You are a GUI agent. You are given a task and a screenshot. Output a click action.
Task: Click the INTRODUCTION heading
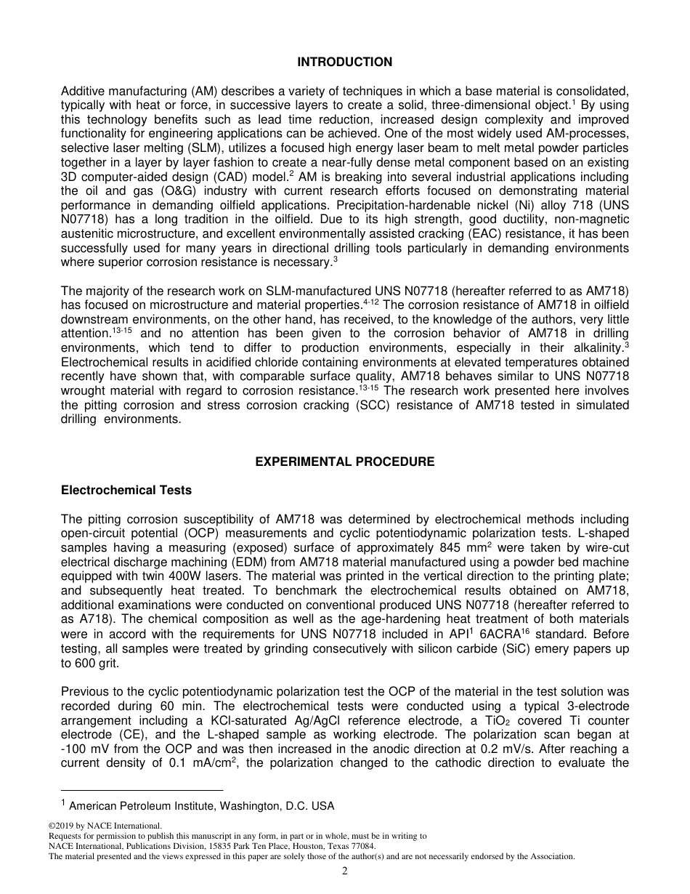[344, 63]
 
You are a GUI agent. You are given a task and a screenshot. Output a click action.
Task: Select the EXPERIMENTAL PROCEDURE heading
[344, 462]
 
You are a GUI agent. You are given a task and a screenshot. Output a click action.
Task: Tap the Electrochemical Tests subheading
[126, 491]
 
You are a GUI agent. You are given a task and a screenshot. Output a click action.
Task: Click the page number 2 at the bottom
[345, 871]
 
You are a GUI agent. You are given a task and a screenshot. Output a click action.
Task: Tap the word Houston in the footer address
[313, 847]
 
